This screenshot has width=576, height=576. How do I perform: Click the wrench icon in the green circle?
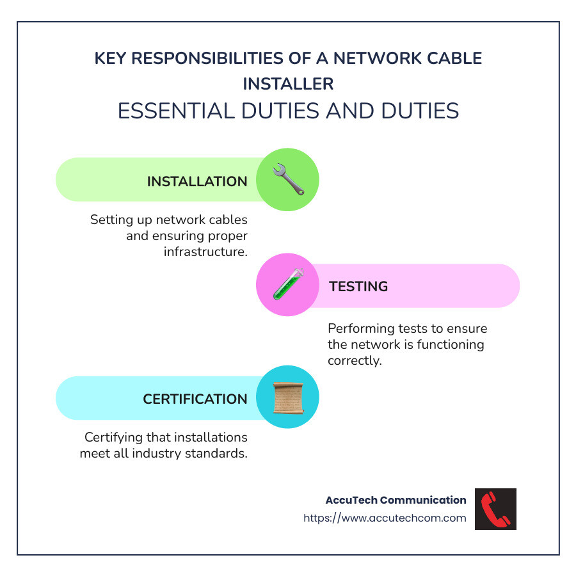(287, 180)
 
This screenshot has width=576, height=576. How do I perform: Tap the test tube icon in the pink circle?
(287, 285)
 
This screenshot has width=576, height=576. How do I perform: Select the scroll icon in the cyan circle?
(287, 397)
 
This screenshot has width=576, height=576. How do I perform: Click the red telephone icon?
(495, 509)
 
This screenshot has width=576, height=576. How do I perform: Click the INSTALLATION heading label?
(197, 181)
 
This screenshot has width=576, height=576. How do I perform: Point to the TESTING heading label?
(358, 286)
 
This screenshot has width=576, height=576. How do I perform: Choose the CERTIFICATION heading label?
(195, 399)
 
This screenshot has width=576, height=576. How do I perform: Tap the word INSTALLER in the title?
(288, 84)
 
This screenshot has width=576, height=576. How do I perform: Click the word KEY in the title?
(109, 58)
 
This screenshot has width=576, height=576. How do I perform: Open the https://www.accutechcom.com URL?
(385, 518)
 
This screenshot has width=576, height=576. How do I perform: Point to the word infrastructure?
(205, 252)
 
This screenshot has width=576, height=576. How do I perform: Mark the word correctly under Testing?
(355, 360)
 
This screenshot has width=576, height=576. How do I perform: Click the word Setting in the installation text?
(110, 220)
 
